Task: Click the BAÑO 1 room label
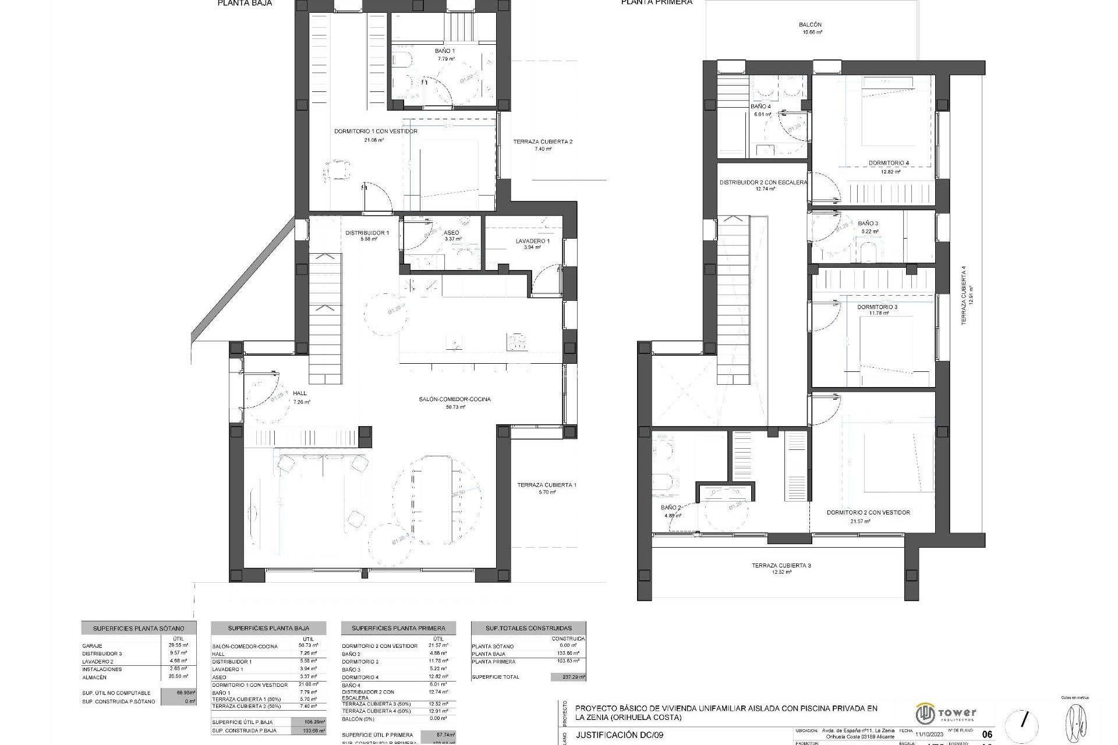click(445, 51)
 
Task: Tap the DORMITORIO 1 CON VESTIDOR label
click(376, 132)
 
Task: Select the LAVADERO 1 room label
click(532, 241)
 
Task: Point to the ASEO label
click(451, 233)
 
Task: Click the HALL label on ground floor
click(300, 394)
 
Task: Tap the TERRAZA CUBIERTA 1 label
click(547, 485)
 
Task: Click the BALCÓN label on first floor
click(810, 25)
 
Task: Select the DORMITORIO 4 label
click(889, 163)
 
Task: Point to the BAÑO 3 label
click(868, 223)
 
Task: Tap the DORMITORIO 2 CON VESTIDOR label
click(868, 513)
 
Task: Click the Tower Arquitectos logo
click(946, 712)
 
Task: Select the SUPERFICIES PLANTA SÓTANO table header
click(139, 629)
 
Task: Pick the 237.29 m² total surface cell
click(568, 677)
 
